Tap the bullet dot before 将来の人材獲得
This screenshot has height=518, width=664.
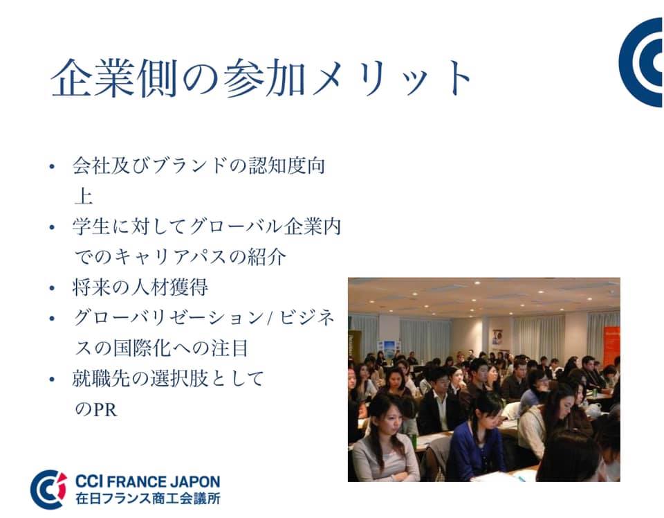click(x=52, y=289)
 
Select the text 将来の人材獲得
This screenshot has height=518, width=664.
click(x=140, y=287)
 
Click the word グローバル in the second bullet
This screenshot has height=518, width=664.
click(x=235, y=226)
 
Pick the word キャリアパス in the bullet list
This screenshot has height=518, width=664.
click(x=170, y=257)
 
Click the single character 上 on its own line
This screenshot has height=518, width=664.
click(x=83, y=196)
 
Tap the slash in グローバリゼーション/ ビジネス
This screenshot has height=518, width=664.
click(x=269, y=318)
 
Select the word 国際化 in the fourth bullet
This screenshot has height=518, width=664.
click(x=141, y=348)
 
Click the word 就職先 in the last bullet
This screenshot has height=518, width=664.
click(x=101, y=379)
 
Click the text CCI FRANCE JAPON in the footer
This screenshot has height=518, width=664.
click(x=148, y=481)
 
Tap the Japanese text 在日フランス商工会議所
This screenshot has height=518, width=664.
click(x=148, y=499)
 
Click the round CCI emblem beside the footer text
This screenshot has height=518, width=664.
click(x=48, y=489)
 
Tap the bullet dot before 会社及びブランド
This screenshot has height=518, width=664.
click(x=52, y=166)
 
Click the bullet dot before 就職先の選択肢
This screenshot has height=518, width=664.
click(x=52, y=379)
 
